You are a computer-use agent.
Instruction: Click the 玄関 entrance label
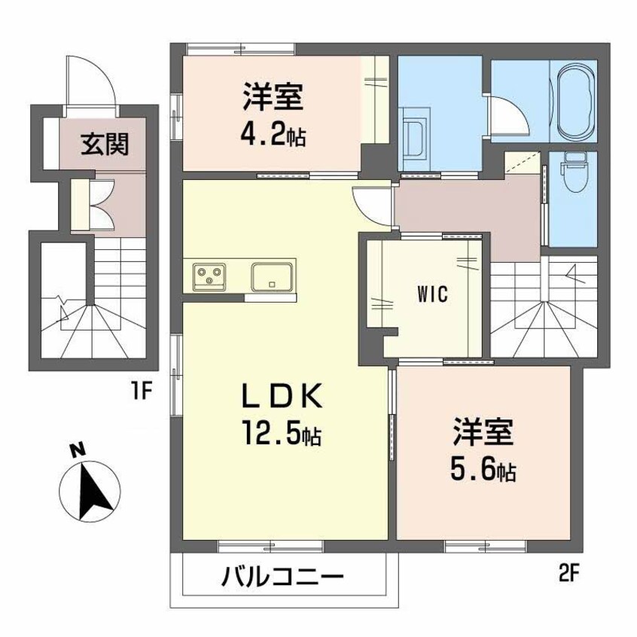click(105, 143)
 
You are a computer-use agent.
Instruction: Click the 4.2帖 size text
click(273, 136)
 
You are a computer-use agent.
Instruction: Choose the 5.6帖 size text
click(483, 470)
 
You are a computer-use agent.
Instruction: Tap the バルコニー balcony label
click(282, 579)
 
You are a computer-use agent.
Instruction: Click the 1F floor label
click(145, 392)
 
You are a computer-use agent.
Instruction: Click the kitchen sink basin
click(272, 276)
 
